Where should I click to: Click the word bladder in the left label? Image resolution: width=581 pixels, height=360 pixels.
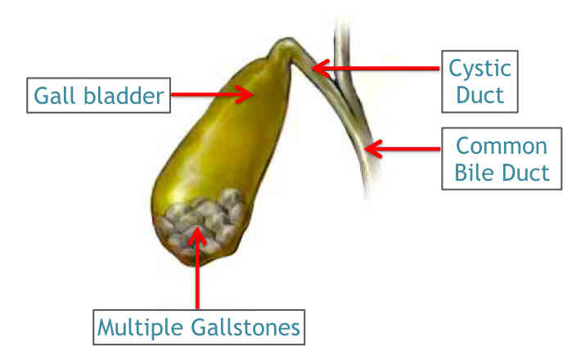pyautogui.click(x=124, y=96)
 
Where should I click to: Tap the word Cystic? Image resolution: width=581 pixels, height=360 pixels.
pyautogui.click(x=480, y=70)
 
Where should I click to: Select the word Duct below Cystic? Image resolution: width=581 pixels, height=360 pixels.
pyautogui.click(x=480, y=95)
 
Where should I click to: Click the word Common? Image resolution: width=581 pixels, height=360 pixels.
pyautogui.click(x=502, y=146)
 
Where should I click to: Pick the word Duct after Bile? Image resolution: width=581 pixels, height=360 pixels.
pyautogui.click(x=525, y=172)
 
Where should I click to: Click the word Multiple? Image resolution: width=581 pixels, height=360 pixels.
pyautogui.click(x=140, y=328)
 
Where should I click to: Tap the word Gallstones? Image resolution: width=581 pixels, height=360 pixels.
pyautogui.click(x=245, y=327)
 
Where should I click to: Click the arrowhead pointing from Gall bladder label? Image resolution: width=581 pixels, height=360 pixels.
pyautogui.click(x=245, y=94)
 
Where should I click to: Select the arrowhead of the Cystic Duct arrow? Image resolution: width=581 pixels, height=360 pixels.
pyautogui.click(x=320, y=68)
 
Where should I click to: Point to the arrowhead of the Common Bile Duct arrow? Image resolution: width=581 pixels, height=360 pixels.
pyautogui.click(x=373, y=149)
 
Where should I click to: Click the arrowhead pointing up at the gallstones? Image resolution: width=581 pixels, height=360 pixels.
pyautogui.click(x=197, y=236)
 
